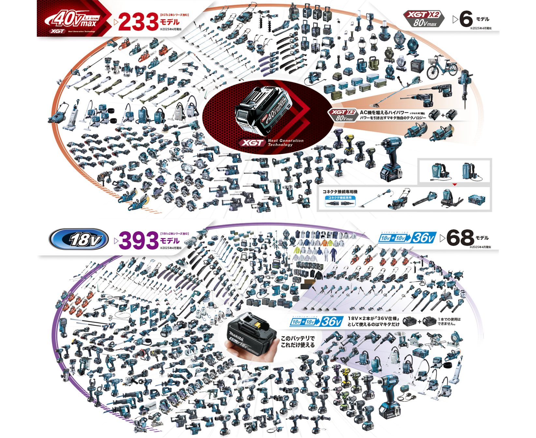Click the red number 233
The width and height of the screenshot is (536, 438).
pos(138,22)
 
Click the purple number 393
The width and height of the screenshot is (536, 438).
pos(138,241)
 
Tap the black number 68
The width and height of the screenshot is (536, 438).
pos(460,238)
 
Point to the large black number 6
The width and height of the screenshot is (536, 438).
pos(466,19)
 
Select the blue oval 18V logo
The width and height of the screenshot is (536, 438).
pos(79,239)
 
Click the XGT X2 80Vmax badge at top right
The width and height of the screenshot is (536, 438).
pos(424,19)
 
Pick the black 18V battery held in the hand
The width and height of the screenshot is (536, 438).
pos(248,333)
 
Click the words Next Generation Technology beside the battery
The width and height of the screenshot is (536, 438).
pos(285,143)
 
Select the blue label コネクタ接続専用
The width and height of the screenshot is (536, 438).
pos(340,198)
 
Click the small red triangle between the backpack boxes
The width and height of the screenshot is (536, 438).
pos(455,185)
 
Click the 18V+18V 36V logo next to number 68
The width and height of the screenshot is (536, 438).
pos(407,238)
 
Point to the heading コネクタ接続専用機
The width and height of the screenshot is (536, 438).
pos(340,192)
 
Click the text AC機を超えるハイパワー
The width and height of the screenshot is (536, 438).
pos(384,113)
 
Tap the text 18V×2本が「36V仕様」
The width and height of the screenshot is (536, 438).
pos(373,318)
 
